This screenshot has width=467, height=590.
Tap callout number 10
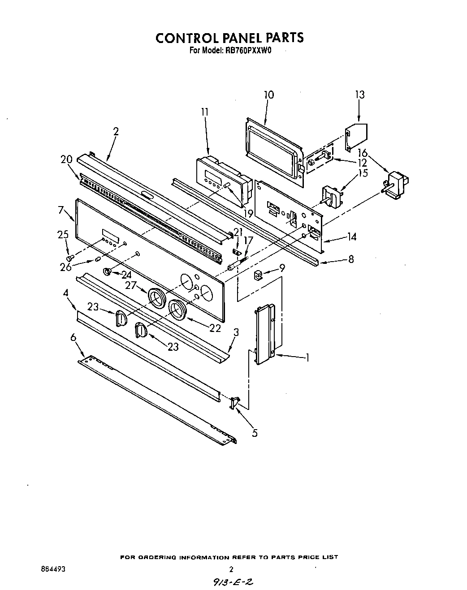269,95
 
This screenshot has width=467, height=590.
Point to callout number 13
359,95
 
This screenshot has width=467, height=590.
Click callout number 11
205,112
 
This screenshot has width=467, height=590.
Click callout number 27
131,285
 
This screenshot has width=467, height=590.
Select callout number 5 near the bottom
255,433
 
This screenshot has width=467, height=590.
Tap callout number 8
351,259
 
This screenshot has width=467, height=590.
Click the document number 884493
53,569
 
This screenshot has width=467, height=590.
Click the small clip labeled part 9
258,274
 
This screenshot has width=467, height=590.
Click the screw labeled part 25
69,258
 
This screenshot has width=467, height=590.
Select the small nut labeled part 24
108,271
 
